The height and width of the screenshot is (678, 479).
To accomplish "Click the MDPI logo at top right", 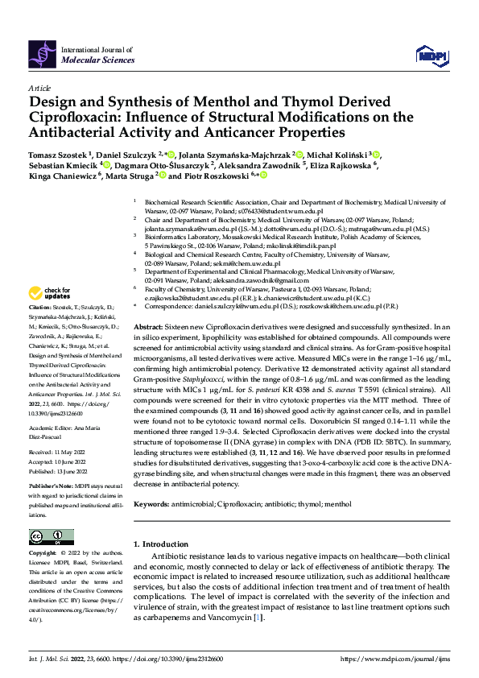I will [x=429, y=55].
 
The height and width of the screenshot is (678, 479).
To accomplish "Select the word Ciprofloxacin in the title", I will [x=68, y=118].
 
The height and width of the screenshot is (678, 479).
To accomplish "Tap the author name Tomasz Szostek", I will [x=58, y=154].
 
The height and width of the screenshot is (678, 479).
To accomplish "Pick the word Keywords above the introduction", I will [x=151, y=503].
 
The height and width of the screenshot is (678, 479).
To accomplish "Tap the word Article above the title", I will [x=39, y=87].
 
